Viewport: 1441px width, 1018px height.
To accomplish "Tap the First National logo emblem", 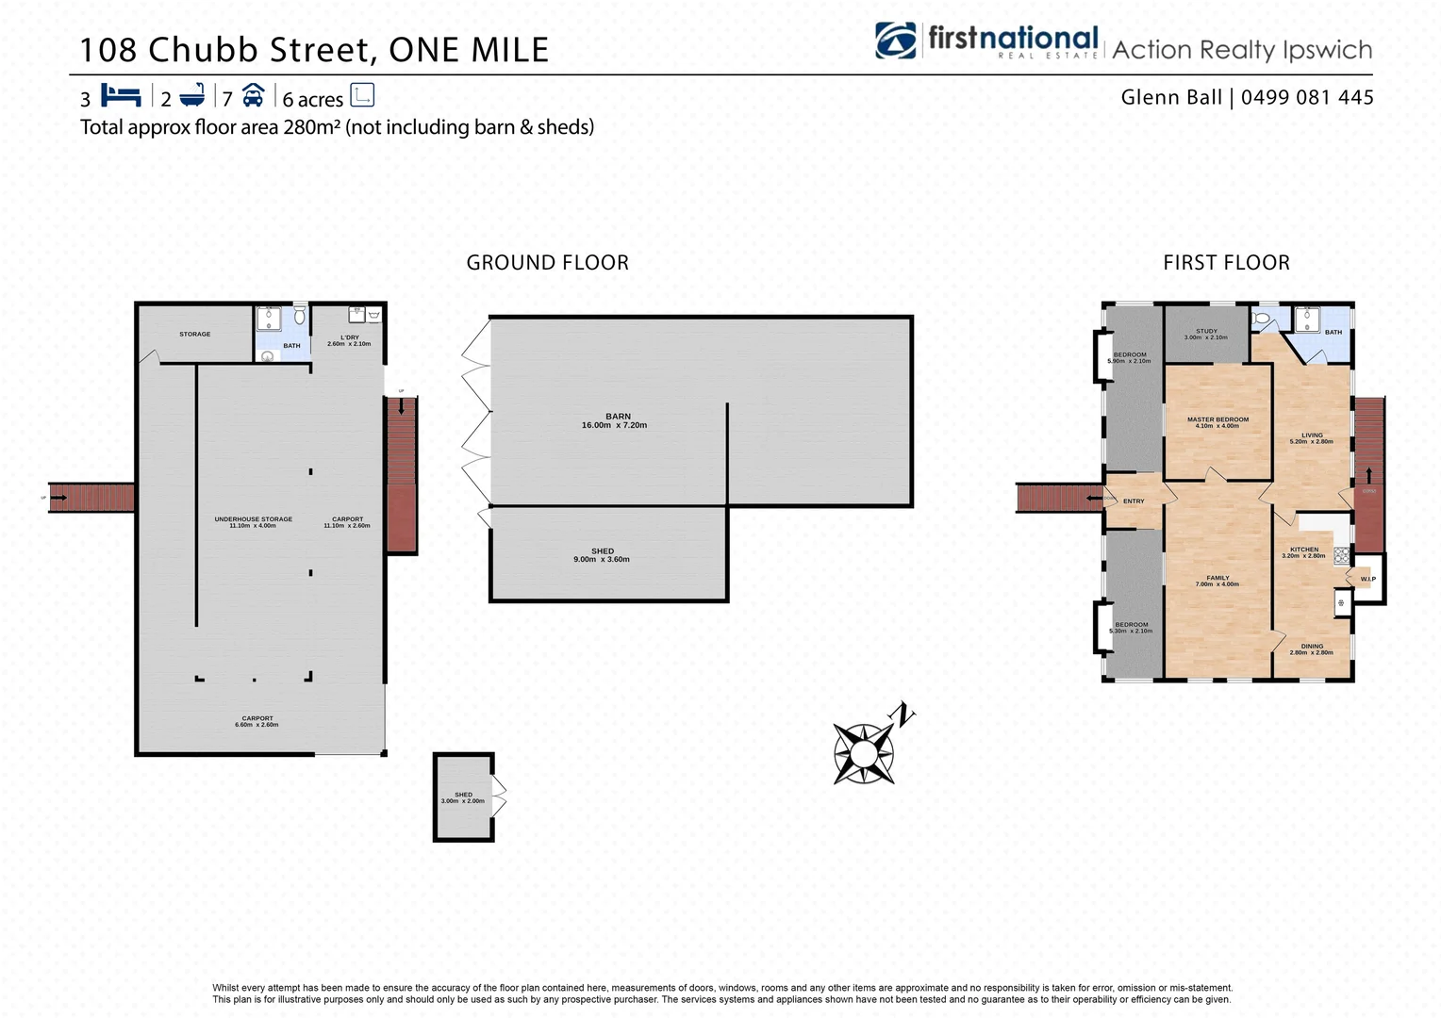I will click(895, 41).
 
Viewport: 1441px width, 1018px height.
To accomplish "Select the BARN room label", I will click(618, 417).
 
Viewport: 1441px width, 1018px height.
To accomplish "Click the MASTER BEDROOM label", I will click(1217, 419).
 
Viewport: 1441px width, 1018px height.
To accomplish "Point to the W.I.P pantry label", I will click(1367, 579).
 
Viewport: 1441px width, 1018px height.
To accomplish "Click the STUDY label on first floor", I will click(1206, 332).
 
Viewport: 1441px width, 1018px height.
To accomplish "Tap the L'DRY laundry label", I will click(349, 337).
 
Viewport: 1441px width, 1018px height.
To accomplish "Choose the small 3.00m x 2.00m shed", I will click(463, 797).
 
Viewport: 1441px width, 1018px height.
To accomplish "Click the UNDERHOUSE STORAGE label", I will click(253, 519).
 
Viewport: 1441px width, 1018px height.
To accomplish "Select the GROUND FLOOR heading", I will click(547, 263).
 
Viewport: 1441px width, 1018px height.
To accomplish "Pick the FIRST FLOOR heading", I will click(1226, 263).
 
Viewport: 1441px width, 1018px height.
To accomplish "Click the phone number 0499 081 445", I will click(1307, 97).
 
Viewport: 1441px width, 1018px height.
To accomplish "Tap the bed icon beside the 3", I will click(121, 96).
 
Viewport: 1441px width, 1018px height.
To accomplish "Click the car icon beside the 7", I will click(253, 95).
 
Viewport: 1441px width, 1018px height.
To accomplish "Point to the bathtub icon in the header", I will click(191, 96).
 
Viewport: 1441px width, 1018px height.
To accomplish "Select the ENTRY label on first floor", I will click(1134, 501).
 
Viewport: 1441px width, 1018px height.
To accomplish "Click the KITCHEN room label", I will click(1304, 550).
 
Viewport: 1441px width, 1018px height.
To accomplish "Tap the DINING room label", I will click(1312, 647).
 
